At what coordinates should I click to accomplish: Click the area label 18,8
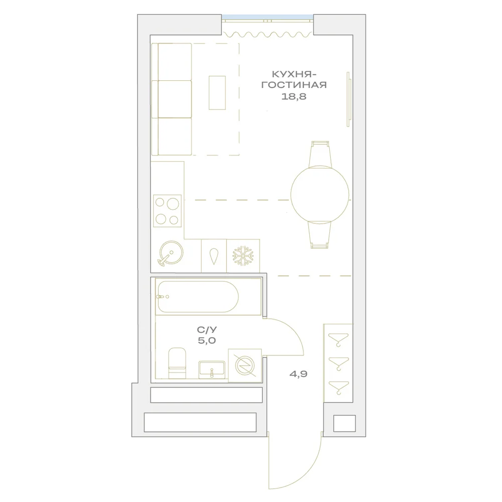pos(294,96)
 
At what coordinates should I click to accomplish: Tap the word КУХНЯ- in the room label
pos(294,74)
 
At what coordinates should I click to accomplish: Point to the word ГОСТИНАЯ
pos(294,85)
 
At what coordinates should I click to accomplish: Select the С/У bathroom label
pos(207,330)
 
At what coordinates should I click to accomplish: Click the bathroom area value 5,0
pos(207,340)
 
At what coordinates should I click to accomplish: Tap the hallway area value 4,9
pos(298,373)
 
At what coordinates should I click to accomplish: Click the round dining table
pos(320,195)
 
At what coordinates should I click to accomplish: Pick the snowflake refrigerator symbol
pos(243,256)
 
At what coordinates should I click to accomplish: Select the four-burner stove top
pos(167,211)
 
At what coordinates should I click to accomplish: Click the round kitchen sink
pos(171,253)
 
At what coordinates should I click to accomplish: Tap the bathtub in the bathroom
pos(197,297)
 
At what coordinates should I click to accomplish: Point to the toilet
pos(177,363)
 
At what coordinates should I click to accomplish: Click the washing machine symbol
pos(245,365)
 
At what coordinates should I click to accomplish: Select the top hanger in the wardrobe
pos(338,339)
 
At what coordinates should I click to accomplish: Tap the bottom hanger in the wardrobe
pos(338,388)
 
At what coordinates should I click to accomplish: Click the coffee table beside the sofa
pos(217,93)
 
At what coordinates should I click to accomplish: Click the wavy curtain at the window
pos(268,34)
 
